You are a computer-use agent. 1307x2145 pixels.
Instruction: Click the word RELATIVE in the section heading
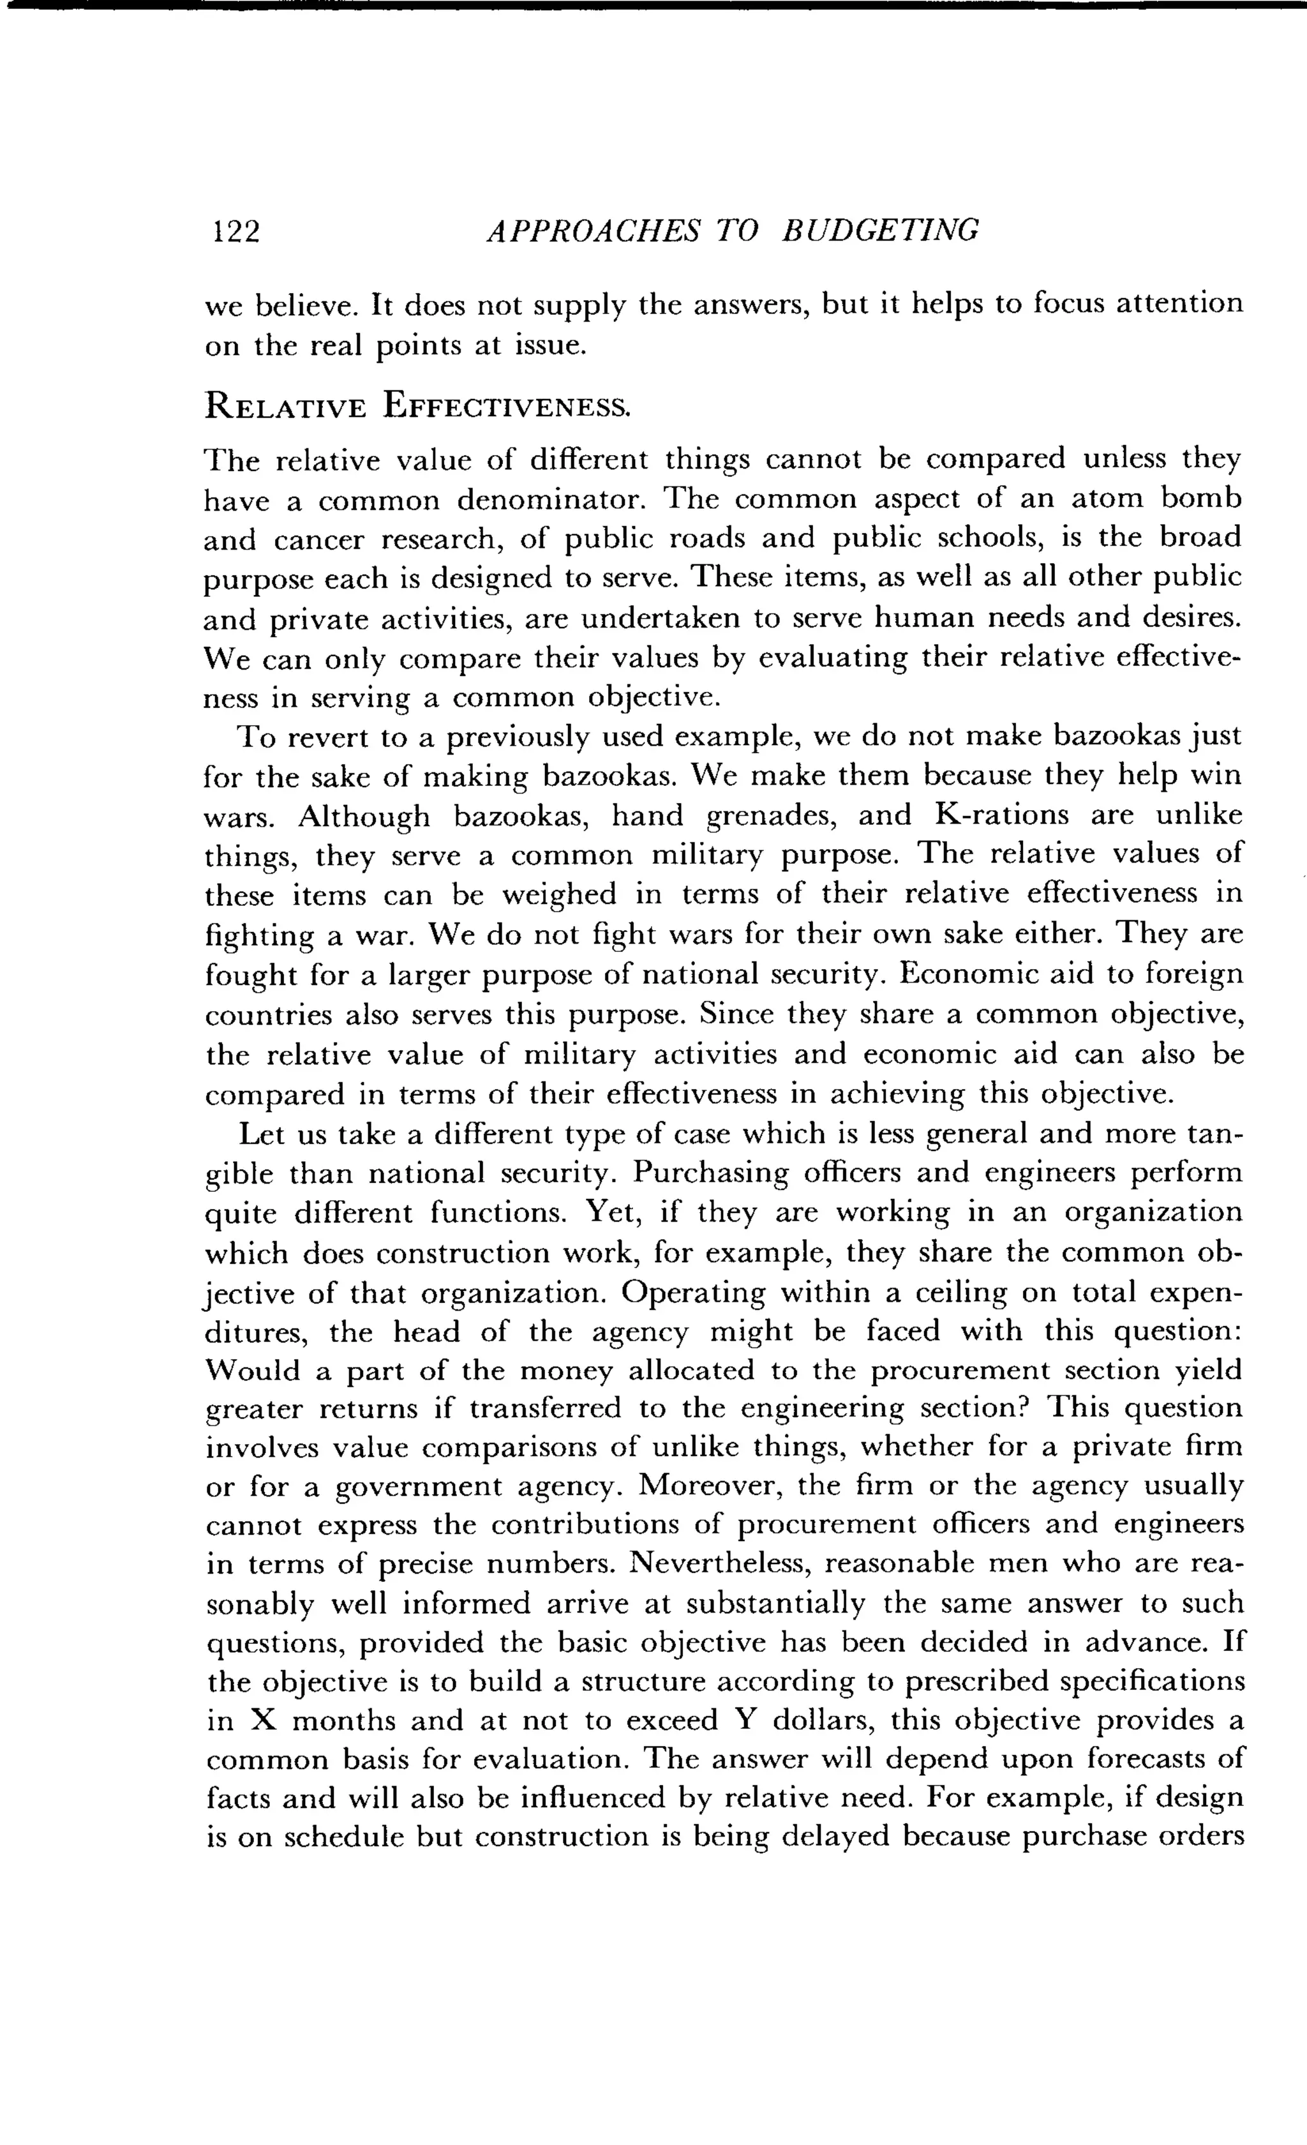[285, 407]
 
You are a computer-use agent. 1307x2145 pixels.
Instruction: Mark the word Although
[364, 816]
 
